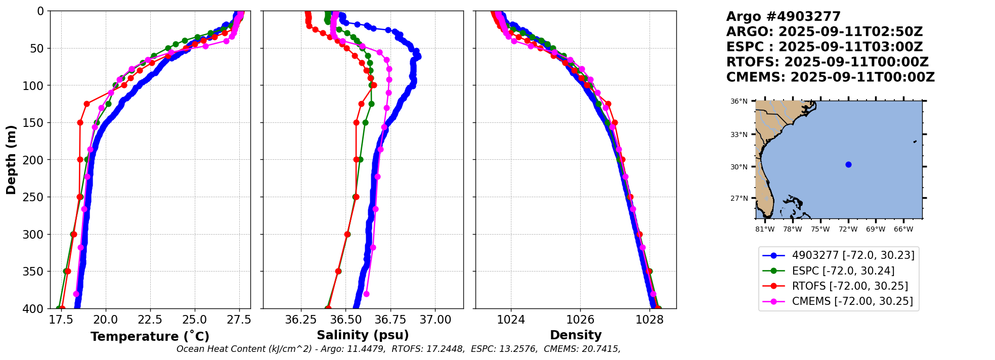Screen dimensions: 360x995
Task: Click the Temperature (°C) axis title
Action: tap(150, 337)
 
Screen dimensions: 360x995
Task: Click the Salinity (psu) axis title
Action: tap(363, 335)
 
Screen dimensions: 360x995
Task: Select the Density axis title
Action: tap(576, 335)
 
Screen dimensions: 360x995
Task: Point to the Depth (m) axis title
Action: tap(11, 160)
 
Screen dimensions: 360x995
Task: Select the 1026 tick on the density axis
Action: tap(580, 320)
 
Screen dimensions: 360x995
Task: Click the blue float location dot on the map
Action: tap(848, 164)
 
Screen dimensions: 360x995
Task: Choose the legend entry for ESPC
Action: tap(843, 271)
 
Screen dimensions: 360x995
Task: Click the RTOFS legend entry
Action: tap(850, 286)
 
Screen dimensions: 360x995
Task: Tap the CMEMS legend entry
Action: tap(852, 301)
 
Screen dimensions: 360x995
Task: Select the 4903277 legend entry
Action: tap(853, 255)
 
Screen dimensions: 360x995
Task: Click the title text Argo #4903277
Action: tap(783, 17)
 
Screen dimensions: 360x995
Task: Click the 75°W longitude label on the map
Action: tap(820, 230)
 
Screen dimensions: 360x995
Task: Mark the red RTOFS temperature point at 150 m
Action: tap(80, 122)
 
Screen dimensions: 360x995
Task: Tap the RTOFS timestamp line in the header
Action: tap(827, 62)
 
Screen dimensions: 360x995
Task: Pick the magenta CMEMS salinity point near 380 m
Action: tap(366, 294)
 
